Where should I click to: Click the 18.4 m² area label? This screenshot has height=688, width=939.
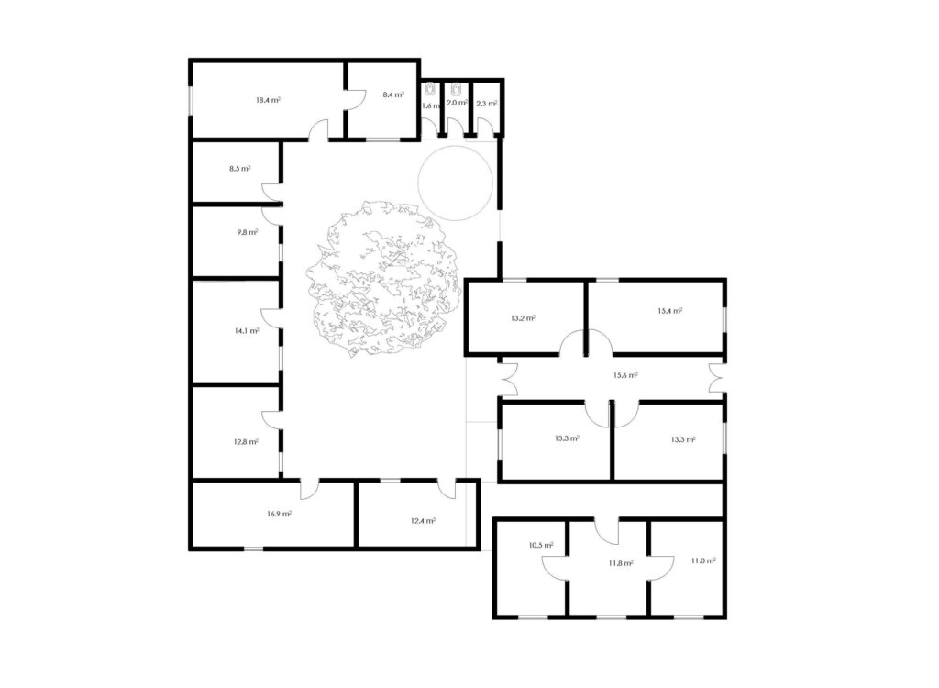click(x=269, y=100)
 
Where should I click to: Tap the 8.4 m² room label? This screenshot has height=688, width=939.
click(x=393, y=94)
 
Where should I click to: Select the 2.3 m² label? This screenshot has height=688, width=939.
click(x=486, y=103)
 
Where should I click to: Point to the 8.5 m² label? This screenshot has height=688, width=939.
click(x=239, y=169)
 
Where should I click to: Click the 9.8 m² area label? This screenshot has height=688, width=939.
click(x=248, y=232)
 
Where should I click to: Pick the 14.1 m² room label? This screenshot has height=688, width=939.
click(x=247, y=330)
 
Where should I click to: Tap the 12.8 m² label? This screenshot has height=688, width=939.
click(x=246, y=442)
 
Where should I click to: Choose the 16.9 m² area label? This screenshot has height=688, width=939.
click(x=280, y=514)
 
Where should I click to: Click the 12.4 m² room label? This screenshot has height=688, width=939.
click(x=424, y=521)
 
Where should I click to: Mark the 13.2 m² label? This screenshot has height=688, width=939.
click(x=523, y=318)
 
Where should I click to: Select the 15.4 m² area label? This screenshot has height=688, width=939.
click(x=670, y=310)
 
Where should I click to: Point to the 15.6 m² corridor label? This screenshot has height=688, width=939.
click(x=625, y=375)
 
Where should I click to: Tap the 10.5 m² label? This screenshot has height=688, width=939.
click(x=541, y=546)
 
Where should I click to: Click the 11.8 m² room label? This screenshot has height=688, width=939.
click(x=621, y=563)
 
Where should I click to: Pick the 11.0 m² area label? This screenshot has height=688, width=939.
click(x=703, y=560)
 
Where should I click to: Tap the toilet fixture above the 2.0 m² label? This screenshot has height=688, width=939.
click(x=457, y=90)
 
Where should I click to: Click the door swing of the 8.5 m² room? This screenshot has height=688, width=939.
click(x=271, y=191)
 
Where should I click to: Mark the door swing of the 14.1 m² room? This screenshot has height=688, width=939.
click(x=271, y=317)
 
